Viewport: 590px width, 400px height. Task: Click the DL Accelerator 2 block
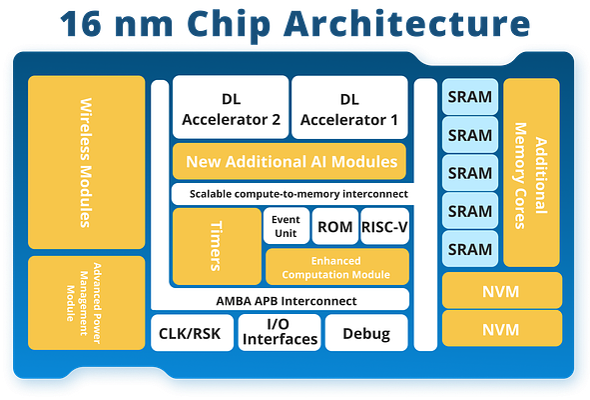pos(231,109)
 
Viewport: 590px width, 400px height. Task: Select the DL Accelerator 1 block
pos(348,109)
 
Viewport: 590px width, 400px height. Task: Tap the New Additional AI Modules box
pos(291,161)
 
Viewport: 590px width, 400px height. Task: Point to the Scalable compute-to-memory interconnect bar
pos(291,194)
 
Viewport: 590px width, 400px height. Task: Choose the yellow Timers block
pos(215,246)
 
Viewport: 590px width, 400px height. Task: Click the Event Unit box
pos(286,226)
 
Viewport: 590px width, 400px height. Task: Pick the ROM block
pos(334,226)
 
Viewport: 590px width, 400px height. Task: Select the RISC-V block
pos(384,226)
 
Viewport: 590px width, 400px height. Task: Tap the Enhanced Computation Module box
pos(336,266)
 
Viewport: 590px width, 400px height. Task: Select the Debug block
pos(365,333)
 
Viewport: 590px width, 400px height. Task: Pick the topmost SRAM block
pos(469,97)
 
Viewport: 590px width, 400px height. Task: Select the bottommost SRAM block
pos(469,249)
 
